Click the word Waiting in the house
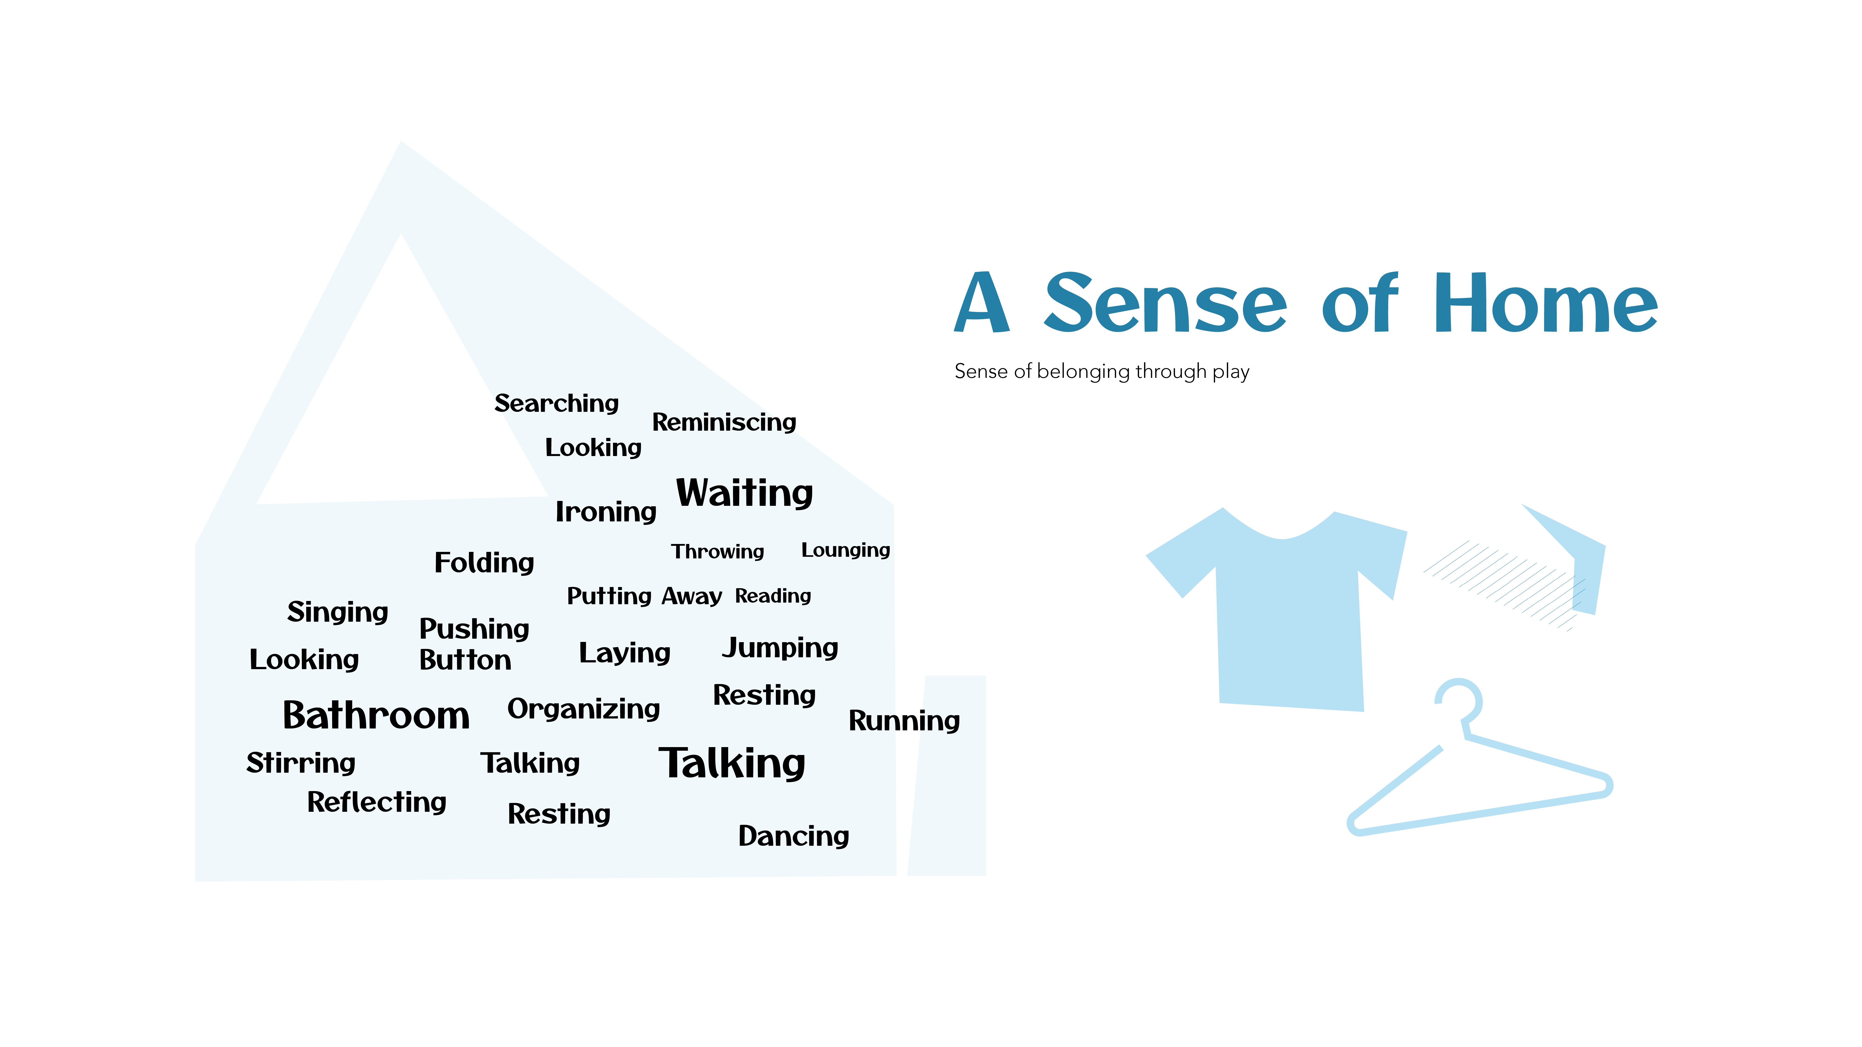click(744, 493)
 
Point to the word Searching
click(557, 403)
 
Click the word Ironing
click(606, 512)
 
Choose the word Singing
click(337, 612)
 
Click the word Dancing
click(794, 836)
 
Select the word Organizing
click(583, 709)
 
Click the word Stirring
click(301, 763)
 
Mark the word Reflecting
click(377, 802)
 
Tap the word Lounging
click(846, 550)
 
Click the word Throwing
click(717, 552)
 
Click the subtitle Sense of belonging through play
click(1102, 371)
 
